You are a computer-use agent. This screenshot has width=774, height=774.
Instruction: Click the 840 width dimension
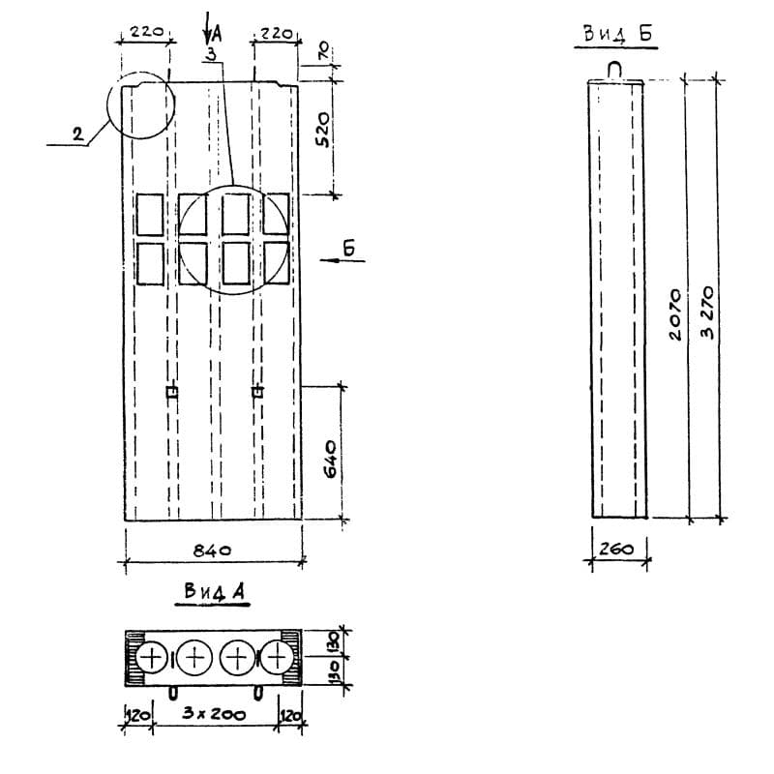click(212, 550)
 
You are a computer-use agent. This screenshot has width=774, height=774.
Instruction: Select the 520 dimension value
click(323, 130)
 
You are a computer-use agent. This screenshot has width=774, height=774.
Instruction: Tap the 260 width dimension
click(617, 549)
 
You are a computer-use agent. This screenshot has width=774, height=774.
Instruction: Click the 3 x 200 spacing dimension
click(214, 714)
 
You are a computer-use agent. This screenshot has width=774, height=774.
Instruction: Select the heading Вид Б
click(618, 34)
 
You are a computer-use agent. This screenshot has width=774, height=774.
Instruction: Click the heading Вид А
click(214, 591)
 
